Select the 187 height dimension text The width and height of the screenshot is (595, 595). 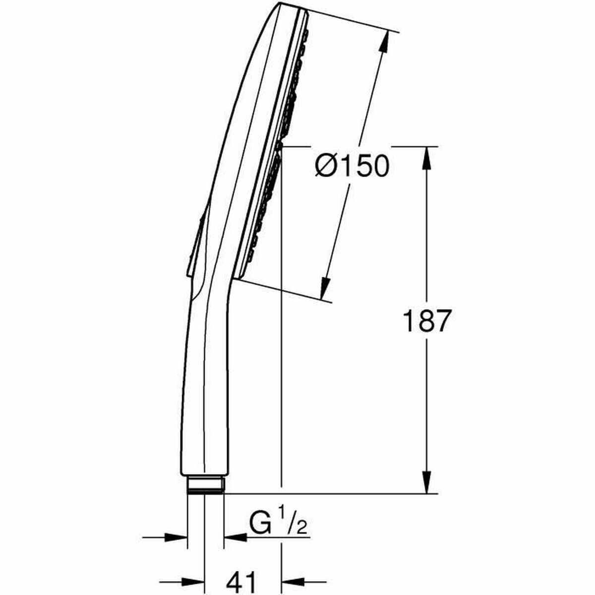(x=427, y=321)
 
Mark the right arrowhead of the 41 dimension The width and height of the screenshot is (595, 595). (x=293, y=581)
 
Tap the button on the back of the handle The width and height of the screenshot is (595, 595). (x=194, y=243)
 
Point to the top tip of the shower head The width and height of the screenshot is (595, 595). (x=283, y=5)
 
